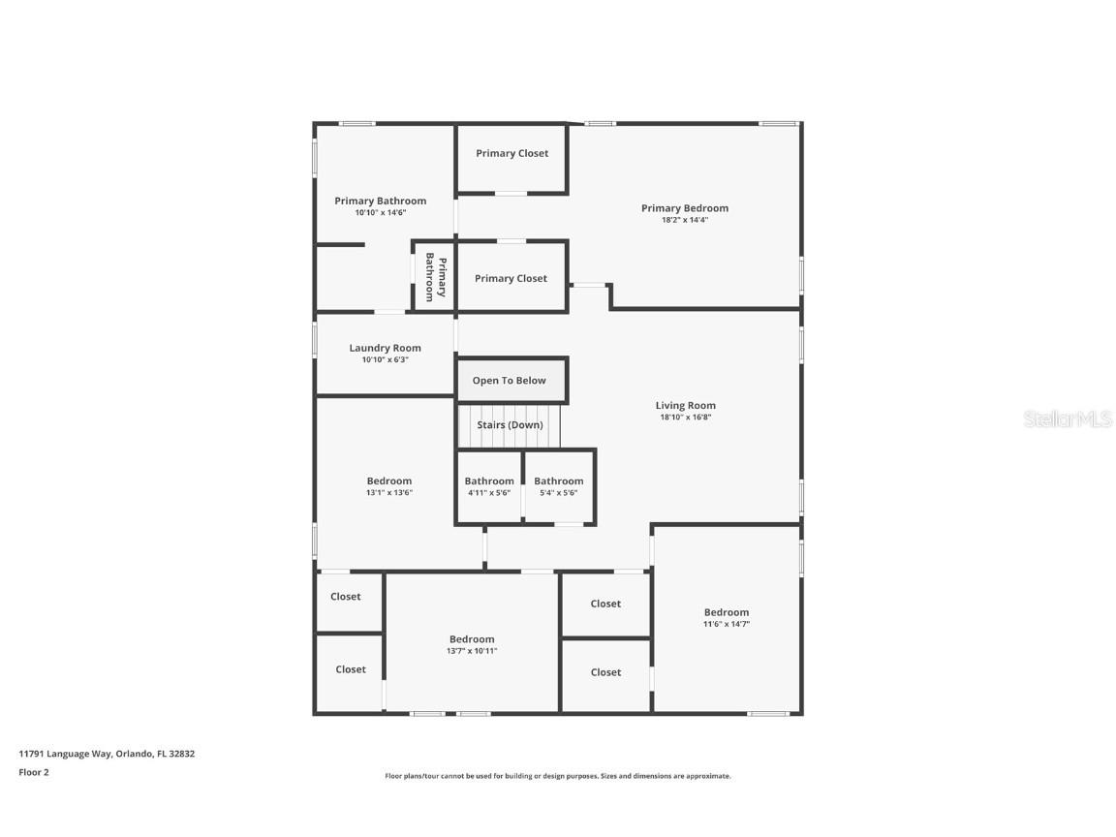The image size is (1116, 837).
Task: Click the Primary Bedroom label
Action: (684, 208)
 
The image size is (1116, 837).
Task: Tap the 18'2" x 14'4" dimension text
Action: (684, 220)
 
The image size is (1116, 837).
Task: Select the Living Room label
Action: (685, 406)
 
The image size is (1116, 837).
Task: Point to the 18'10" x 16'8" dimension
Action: (685, 418)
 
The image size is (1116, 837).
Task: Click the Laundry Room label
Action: (385, 348)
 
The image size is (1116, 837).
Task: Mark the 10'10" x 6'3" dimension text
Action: (385, 359)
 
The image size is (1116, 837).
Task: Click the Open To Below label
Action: (509, 381)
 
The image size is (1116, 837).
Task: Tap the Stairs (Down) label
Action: (510, 425)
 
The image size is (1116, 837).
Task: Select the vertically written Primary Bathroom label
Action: (435, 279)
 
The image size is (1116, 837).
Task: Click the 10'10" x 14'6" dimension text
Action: (380, 212)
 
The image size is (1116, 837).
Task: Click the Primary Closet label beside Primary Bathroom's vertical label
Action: (511, 278)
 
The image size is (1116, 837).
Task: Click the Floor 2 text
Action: (33, 772)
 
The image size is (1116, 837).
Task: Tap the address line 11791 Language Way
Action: (107, 753)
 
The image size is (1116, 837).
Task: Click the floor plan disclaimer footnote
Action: (557, 776)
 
